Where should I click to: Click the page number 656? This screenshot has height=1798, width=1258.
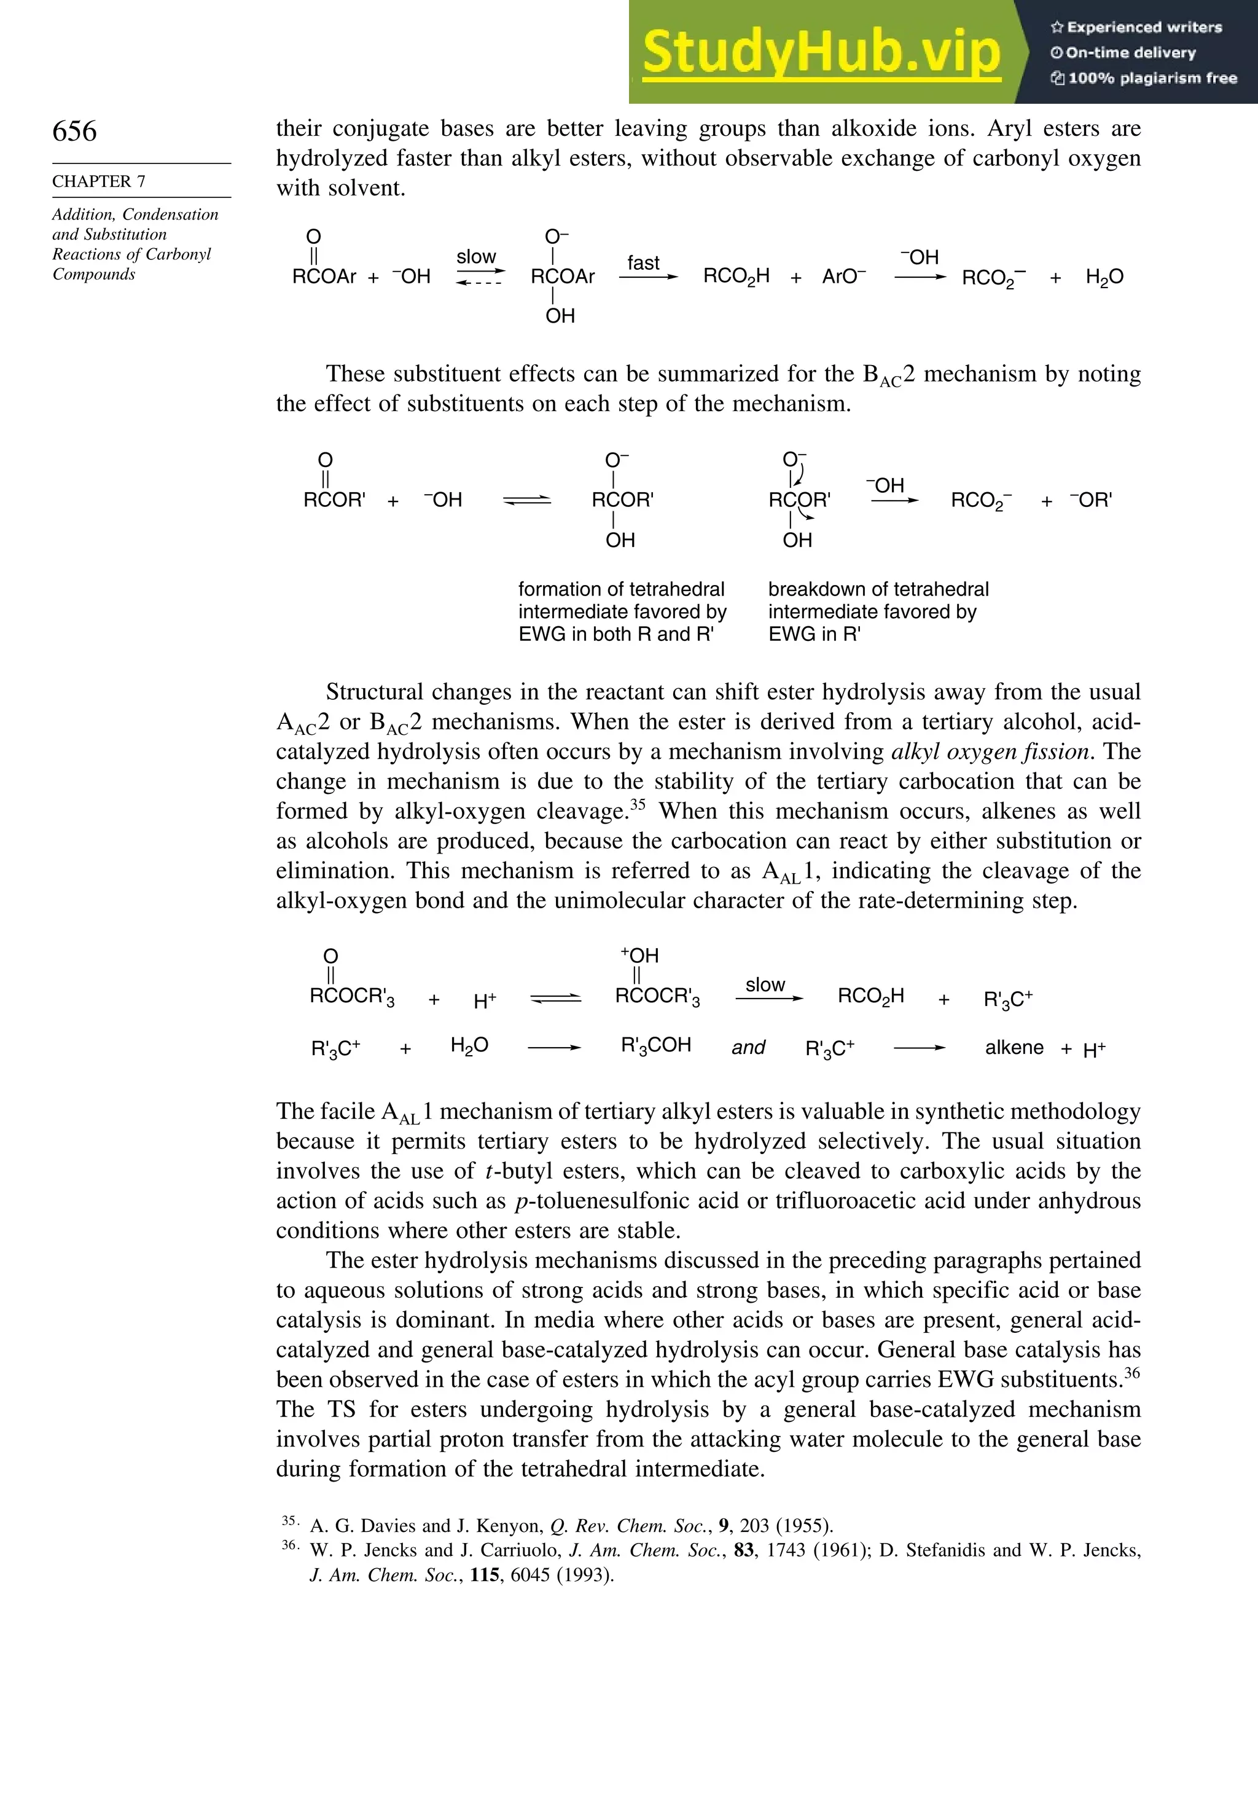point(74,131)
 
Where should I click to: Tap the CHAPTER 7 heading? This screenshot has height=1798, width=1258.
point(99,181)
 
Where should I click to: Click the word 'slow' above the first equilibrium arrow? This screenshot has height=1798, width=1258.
point(476,257)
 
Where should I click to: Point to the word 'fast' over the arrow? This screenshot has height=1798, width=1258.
point(644,263)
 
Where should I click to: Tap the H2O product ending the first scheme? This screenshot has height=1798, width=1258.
point(1104,277)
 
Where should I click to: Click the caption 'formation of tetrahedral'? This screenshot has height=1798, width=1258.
point(621,589)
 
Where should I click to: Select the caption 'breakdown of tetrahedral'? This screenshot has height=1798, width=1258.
point(878,589)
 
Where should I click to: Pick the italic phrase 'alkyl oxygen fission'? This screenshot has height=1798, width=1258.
point(990,752)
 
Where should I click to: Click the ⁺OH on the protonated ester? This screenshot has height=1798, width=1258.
point(639,956)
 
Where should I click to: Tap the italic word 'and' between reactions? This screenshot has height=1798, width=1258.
point(748,1048)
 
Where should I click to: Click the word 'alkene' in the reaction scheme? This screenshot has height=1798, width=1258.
point(1014,1048)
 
